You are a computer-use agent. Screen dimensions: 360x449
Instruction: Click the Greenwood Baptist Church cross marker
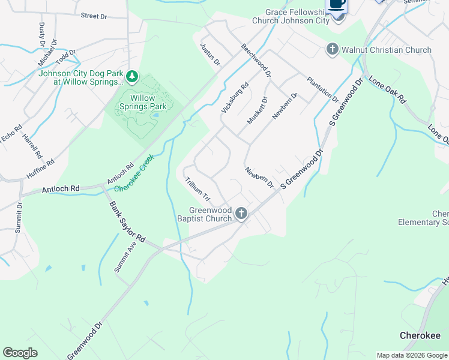[x=241, y=214]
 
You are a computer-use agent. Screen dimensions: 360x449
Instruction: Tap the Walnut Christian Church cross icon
[x=333, y=50]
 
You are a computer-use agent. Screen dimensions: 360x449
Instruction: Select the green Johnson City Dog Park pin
[x=132, y=77]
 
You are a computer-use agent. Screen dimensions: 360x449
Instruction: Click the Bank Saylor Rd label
[x=127, y=222]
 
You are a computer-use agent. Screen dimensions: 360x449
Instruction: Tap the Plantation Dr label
[x=322, y=89]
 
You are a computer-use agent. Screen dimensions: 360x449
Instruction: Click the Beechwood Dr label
[x=256, y=60]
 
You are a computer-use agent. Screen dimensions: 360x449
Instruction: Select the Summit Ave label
[x=125, y=257]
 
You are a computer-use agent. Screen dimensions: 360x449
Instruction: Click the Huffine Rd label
[x=41, y=170]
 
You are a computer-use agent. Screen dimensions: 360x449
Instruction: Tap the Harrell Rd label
[x=32, y=145]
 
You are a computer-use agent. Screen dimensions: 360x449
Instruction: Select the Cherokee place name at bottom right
[x=420, y=335]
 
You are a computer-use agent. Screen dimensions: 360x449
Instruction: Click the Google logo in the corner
[x=20, y=353]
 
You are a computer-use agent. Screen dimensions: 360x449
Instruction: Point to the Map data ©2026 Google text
[x=412, y=355]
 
